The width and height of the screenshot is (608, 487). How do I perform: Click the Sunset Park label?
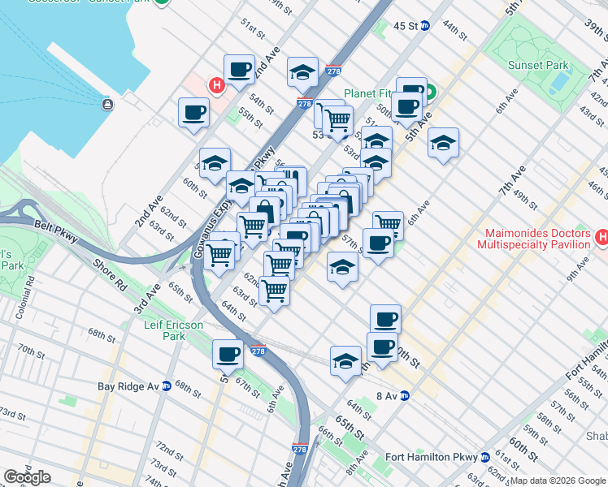coord(531,65)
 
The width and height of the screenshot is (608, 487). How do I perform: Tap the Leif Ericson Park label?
coord(163,330)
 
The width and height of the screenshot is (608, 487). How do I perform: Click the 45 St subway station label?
coord(405,26)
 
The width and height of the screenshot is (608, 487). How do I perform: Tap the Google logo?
coord(27,477)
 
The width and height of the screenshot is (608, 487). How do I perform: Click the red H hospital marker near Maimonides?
coord(601,238)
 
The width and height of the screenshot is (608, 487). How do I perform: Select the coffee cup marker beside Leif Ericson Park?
coord(228,354)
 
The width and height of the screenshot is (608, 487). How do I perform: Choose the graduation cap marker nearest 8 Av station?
coord(346,361)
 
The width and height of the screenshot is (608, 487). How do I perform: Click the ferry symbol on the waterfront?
coord(106,104)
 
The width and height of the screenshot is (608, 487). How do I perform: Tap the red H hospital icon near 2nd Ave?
coord(216,84)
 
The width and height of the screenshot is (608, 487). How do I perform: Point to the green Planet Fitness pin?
coord(429,93)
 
